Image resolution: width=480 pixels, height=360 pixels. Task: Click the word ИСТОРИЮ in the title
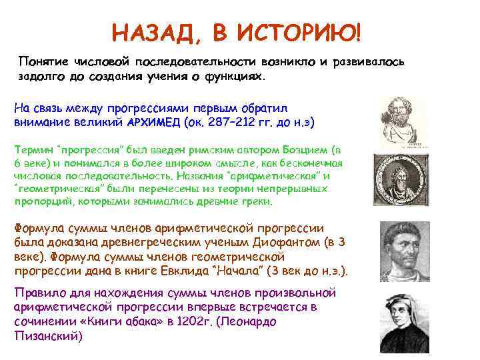(294, 31)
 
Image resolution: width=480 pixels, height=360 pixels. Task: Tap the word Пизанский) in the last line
(48, 336)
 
